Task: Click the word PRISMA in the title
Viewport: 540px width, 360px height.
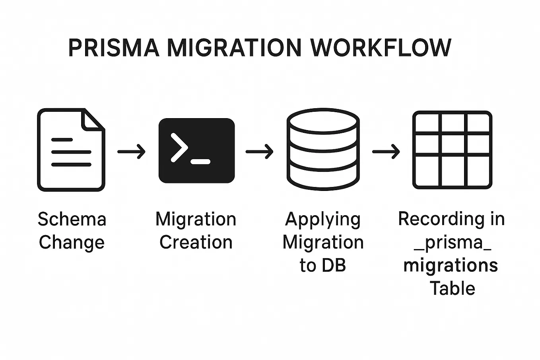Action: (114, 48)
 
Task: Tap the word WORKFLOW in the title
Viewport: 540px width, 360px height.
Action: (381, 48)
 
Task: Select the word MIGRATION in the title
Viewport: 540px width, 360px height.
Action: (234, 48)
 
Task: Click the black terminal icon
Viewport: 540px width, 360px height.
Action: (196, 150)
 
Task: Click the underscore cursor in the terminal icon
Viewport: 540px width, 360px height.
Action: (200, 162)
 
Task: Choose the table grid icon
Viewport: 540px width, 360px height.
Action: (452, 150)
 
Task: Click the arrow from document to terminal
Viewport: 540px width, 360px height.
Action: (132, 152)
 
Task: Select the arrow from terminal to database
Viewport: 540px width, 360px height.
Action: (260, 152)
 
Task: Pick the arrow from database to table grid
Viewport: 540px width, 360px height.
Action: (386, 152)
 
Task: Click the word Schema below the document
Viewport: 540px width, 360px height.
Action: (72, 219)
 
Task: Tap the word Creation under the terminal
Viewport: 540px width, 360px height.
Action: (196, 242)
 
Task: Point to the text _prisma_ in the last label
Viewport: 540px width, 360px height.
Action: (453, 242)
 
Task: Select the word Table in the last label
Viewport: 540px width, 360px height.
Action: (453, 288)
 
